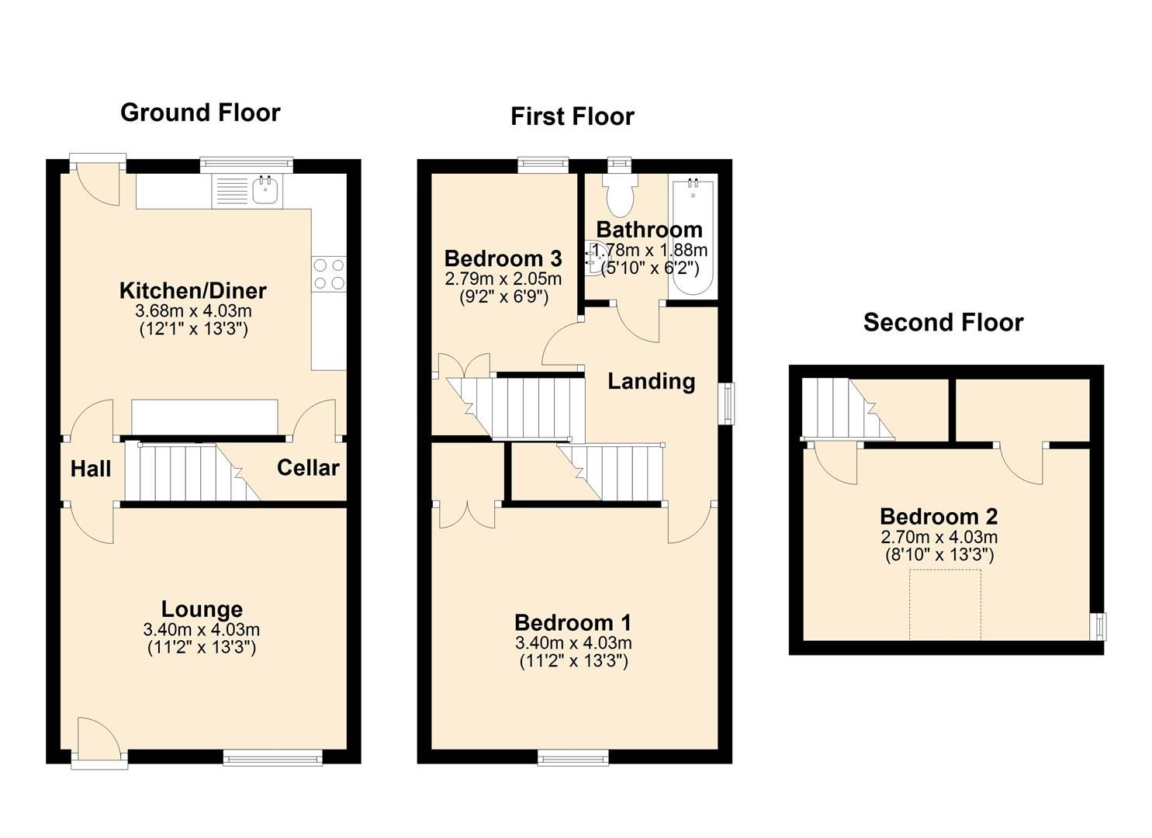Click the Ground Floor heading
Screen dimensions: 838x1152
[x=200, y=113]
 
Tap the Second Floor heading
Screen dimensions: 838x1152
[x=943, y=322]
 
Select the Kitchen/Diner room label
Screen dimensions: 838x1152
[x=193, y=291]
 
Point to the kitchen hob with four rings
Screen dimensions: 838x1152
[x=329, y=274]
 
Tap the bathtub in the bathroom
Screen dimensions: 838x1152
[x=693, y=236]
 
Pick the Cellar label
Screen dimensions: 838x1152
[x=308, y=468]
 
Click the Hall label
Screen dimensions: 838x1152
[x=91, y=469]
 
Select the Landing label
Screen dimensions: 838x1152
[x=651, y=381]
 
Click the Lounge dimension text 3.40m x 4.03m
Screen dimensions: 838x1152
[x=202, y=629]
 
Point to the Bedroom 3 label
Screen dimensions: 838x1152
[x=503, y=258]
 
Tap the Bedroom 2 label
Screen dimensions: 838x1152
[x=939, y=517]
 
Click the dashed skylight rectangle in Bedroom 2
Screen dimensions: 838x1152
[x=945, y=605]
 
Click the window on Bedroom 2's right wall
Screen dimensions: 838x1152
[x=1098, y=626]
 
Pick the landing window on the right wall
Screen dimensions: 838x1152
[x=727, y=403]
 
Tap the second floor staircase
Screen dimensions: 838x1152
[x=846, y=408]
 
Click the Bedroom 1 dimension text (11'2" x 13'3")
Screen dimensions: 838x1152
[x=573, y=661]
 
